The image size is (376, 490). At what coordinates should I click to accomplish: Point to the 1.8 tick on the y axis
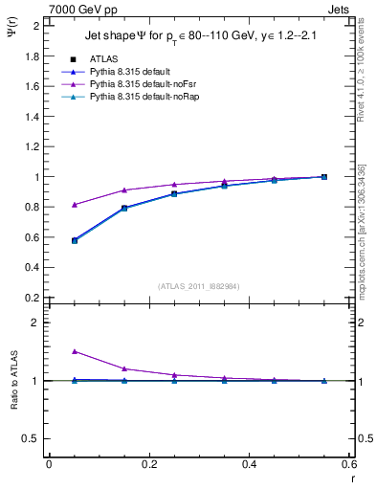(33, 56)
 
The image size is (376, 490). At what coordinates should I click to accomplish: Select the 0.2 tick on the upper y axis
(33, 298)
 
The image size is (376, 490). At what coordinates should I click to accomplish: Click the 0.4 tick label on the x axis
(249, 464)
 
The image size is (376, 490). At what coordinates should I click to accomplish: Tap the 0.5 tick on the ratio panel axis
(33, 438)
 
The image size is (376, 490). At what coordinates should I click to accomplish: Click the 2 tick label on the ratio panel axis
(37, 323)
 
